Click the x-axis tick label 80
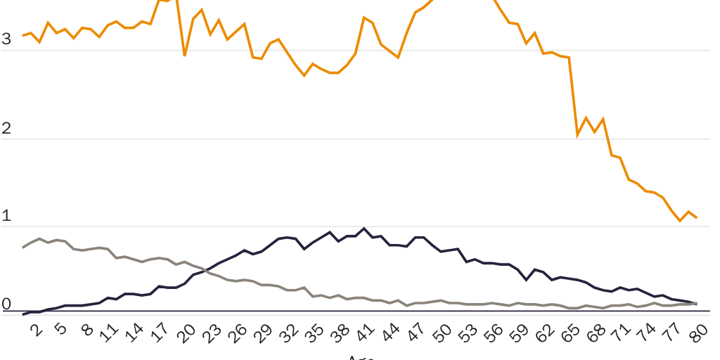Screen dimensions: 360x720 coord(699,333)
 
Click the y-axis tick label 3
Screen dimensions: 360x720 coord(6,39)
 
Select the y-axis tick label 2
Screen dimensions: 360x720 coord(6,128)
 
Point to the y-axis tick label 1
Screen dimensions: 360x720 coord(6,217)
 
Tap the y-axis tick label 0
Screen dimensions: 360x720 coord(6,305)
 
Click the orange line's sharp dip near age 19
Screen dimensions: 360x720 coord(184,55)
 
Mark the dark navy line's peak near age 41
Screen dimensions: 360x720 coord(364,229)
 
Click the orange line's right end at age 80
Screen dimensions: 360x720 coord(696,218)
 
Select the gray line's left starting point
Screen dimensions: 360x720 coord(23,247)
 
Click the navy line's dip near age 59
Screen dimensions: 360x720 coord(526,280)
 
